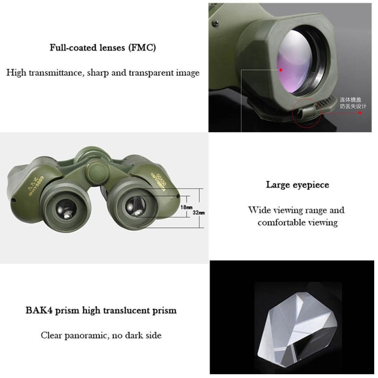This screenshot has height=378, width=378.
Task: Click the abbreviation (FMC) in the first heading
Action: (142, 48)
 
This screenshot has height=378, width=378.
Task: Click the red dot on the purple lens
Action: (281, 69)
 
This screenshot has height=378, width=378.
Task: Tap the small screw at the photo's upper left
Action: (215, 23)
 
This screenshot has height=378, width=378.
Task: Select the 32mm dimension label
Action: (199, 213)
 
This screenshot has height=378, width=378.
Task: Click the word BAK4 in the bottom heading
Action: (40, 310)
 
